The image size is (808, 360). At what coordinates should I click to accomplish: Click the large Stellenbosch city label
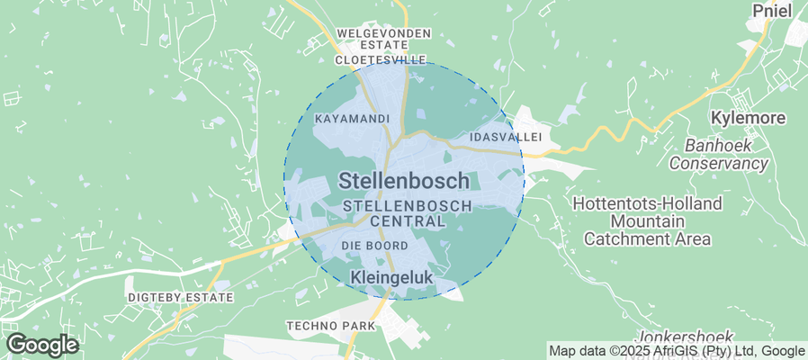coord(404,181)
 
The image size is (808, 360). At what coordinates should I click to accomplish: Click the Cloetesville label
coord(379,59)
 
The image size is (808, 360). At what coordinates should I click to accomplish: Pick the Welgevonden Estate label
coord(383,40)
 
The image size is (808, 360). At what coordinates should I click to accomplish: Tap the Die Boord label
coord(375,246)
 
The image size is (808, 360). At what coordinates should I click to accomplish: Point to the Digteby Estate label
coord(180,297)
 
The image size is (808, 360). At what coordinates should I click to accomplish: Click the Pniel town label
coord(773,12)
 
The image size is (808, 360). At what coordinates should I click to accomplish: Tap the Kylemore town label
coord(748,118)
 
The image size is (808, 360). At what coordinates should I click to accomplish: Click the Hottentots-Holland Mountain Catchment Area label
coord(647,221)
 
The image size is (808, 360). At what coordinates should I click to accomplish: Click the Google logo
coord(42,344)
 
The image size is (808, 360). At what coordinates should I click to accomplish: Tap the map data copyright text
coord(677,351)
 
